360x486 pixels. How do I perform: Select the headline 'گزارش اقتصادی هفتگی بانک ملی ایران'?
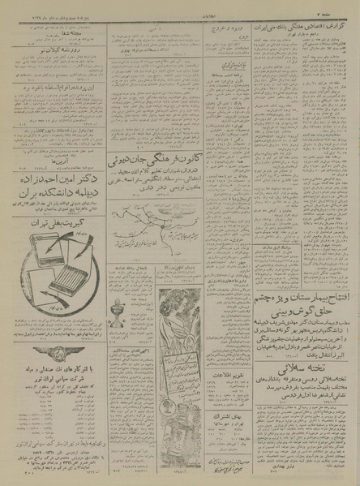pos(309,19)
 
